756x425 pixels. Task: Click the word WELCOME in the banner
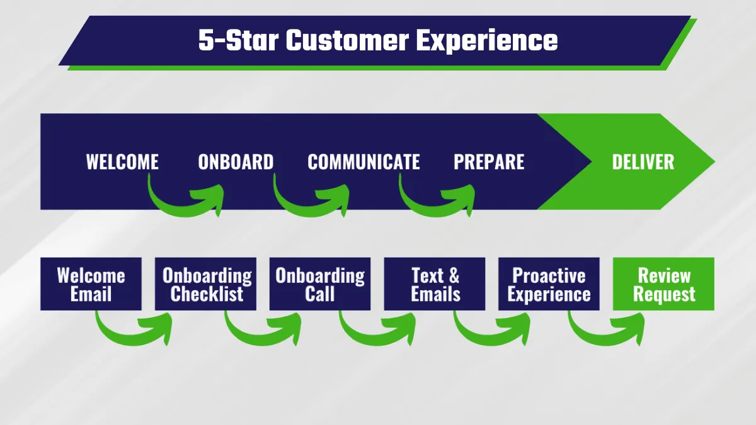pos(122,162)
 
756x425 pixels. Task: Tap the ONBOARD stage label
pos(236,162)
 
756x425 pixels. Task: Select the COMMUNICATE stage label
pos(364,162)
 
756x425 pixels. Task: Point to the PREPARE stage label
pos(489,162)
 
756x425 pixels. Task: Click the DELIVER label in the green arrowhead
pos(643,162)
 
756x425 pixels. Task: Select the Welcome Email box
pos(91,284)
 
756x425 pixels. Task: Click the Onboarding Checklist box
pos(205,284)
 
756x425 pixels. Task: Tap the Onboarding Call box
pos(320,284)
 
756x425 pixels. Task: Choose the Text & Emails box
pos(435,284)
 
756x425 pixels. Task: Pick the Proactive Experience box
pos(549,284)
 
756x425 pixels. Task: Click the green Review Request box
pos(663,284)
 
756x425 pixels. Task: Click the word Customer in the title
pos(348,40)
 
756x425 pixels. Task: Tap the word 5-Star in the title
pos(238,40)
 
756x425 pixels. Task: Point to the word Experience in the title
pos(487,41)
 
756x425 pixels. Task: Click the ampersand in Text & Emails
pos(454,276)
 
